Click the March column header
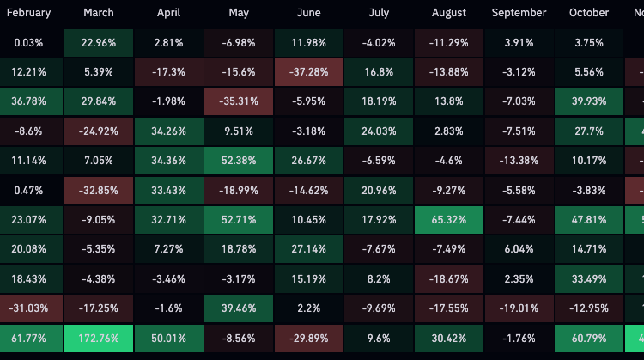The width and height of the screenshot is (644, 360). click(x=99, y=13)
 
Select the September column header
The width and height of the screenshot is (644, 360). click(x=519, y=13)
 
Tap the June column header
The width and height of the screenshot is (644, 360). click(x=308, y=13)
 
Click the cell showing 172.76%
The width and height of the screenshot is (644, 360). click(x=99, y=337)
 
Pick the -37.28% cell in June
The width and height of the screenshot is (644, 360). click(x=308, y=72)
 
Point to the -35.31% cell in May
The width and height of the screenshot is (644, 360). click(x=239, y=101)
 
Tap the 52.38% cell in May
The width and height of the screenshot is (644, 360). click(x=239, y=161)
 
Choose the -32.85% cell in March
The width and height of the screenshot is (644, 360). click(x=99, y=190)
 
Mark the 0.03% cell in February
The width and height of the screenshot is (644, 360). click(x=28, y=43)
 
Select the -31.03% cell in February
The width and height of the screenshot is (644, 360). click(x=28, y=308)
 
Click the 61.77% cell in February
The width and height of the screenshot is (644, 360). click(x=28, y=337)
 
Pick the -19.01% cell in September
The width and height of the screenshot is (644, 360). click(x=519, y=308)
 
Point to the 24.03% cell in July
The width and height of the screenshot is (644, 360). click(x=379, y=131)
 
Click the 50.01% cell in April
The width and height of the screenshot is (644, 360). click(x=169, y=337)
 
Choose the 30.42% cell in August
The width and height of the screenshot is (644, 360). click(x=448, y=337)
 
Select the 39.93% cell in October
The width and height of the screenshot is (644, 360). click(x=588, y=101)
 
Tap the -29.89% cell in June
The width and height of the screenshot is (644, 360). click(x=308, y=337)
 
